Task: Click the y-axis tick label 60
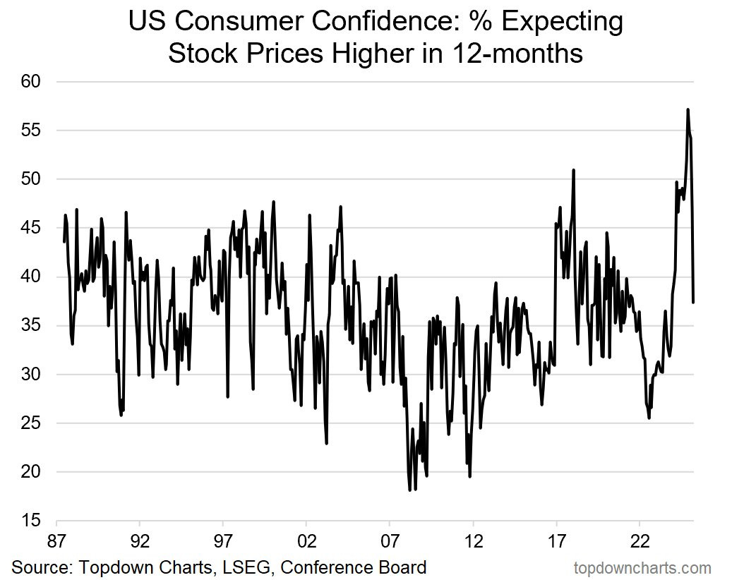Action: [x=31, y=82]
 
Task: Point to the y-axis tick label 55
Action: [x=31, y=131]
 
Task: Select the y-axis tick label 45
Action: [x=31, y=228]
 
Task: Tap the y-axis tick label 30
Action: [x=31, y=374]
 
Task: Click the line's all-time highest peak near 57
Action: [x=688, y=109]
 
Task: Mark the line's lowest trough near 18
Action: [x=409, y=489]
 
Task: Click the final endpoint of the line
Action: [x=693, y=302]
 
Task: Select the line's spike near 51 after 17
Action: [x=574, y=170]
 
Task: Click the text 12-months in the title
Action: [x=516, y=53]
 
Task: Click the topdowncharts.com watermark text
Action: [x=642, y=567]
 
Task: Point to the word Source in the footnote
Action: [x=39, y=567]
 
